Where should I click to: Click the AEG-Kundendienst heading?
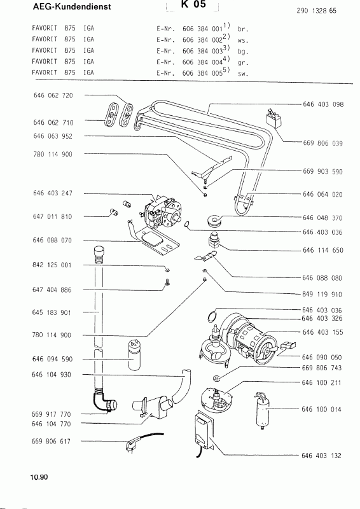pyautogui.click(x=72, y=6)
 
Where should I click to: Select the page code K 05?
pyautogui.click(x=194, y=4)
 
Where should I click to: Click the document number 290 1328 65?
pyautogui.click(x=316, y=11)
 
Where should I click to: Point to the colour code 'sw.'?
pyautogui.click(x=243, y=74)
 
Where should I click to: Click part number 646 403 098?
pyautogui.click(x=323, y=104)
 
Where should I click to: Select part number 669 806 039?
pyautogui.click(x=322, y=143)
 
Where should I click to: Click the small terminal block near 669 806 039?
pyautogui.click(x=273, y=118)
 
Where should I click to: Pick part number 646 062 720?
pyautogui.click(x=53, y=95)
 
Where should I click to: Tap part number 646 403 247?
pyautogui.click(x=53, y=193)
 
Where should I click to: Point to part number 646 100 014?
pyautogui.click(x=321, y=409)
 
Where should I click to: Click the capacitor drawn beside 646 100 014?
pyautogui.click(x=261, y=410)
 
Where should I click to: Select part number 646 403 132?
pyautogui.click(x=321, y=456)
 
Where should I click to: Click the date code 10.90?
pyautogui.click(x=39, y=477)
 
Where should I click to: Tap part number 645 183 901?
pyautogui.click(x=52, y=312)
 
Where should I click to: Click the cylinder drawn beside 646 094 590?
pyautogui.click(x=134, y=354)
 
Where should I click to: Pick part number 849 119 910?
pyautogui.click(x=322, y=295)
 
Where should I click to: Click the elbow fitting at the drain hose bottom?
pyautogui.click(x=104, y=403)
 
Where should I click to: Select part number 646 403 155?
pyautogui.click(x=322, y=332)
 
